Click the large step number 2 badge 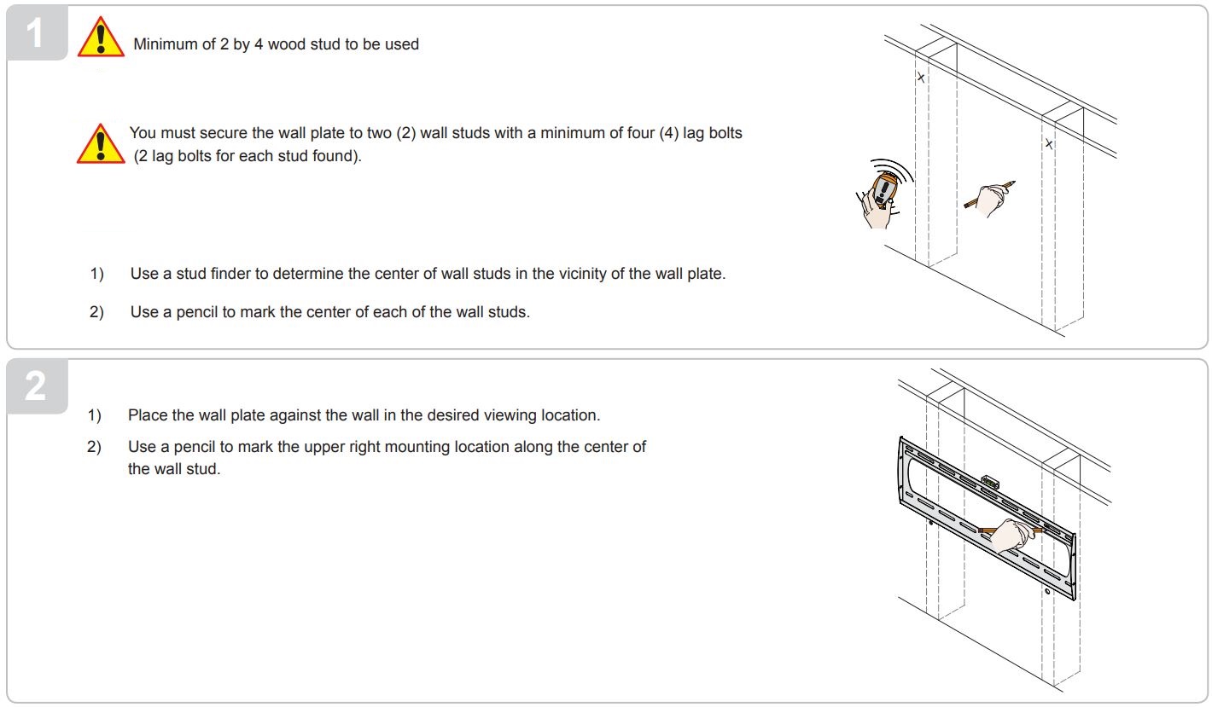[x=35, y=388]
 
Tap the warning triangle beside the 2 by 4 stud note [x=101, y=39]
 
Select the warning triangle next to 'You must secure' [x=101, y=143]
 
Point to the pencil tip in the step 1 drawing [x=1013, y=182]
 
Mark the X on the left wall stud [x=920, y=78]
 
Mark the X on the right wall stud [x=1049, y=144]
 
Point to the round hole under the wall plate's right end [x=1046, y=591]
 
